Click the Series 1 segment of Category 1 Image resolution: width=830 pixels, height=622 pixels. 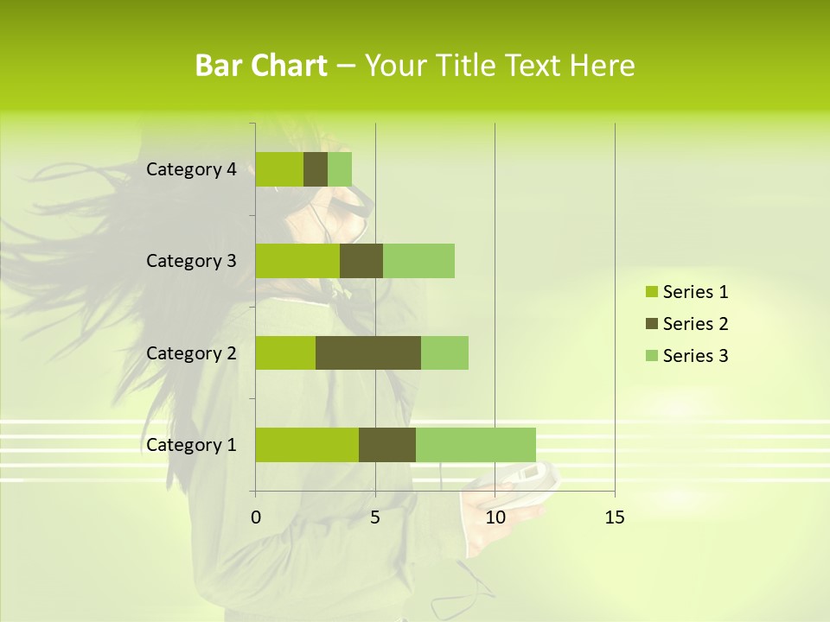click(x=307, y=444)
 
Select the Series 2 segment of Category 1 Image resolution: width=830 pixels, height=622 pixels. click(x=387, y=444)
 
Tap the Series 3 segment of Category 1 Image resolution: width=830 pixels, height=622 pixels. click(x=476, y=444)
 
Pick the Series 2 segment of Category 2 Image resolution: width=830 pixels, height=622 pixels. click(x=368, y=352)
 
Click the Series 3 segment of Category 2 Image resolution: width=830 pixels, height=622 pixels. click(x=444, y=352)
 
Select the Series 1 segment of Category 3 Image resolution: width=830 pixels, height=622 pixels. click(x=297, y=261)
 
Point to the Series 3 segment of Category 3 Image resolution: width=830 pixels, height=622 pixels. click(x=418, y=261)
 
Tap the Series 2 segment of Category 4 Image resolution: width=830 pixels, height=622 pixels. click(x=316, y=169)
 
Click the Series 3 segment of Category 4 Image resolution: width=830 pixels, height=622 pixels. click(x=340, y=169)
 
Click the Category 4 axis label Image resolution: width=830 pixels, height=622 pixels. click(x=191, y=169)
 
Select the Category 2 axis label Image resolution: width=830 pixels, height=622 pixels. click(x=191, y=352)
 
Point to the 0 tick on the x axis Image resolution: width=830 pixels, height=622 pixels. click(x=255, y=517)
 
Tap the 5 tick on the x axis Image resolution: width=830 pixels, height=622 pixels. click(x=375, y=517)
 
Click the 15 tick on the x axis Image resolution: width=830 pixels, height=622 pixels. click(x=615, y=517)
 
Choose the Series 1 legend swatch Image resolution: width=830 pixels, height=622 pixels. click(x=651, y=292)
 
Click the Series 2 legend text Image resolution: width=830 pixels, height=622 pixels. click(x=695, y=324)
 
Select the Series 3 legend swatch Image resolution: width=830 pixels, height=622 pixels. click(x=651, y=356)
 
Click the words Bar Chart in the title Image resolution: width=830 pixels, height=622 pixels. click(x=261, y=66)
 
